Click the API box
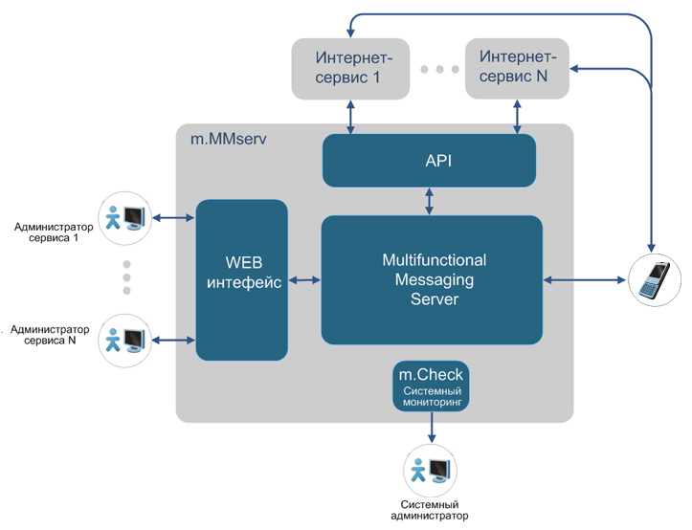pyautogui.click(x=429, y=160)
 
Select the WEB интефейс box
pyautogui.click(x=242, y=278)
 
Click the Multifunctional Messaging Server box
pyautogui.click(x=432, y=279)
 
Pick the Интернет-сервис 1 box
pyautogui.click(x=350, y=68)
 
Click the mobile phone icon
pyautogui.click(x=656, y=281)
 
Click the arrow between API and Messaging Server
pyautogui.click(x=430, y=201)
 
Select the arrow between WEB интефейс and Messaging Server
pyautogui.click(x=305, y=280)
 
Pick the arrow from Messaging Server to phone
pyautogui.click(x=587, y=280)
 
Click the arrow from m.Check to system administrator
pyautogui.click(x=430, y=430)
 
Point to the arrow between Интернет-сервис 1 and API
pyautogui.click(x=350, y=116)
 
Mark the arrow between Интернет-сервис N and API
pyautogui.click(x=518, y=116)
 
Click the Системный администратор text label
pyautogui.click(x=429, y=510)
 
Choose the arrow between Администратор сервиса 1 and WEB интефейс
pyautogui.click(x=174, y=219)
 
